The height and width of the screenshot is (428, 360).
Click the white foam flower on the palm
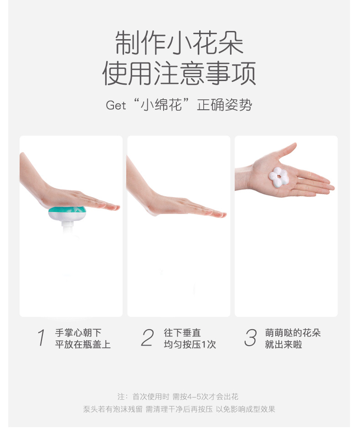coord(278,177)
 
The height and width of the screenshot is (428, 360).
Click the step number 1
coord(41,338)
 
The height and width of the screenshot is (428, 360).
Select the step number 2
coord(148,338)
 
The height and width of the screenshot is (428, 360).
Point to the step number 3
coord(251,338)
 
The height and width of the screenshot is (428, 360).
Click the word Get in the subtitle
coord(116,105)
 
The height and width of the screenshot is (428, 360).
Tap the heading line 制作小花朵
coord(179,43)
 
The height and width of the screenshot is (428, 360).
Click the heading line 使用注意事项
coord(179,73)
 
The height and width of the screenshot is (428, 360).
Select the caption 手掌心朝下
coord(78,333)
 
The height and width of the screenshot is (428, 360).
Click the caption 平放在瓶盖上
coord(83,345)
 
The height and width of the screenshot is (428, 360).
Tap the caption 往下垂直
coord(182,333)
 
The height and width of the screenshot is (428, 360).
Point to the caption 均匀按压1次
coord(190,345)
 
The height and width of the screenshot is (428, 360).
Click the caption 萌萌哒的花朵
coord(293,333)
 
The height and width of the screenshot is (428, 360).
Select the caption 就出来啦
coord(283,345)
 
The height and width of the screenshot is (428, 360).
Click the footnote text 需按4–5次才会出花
coord(206,396)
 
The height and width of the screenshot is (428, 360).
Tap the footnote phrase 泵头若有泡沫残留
coord(113,409)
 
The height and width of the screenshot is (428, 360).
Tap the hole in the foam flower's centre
coord(278,176)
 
